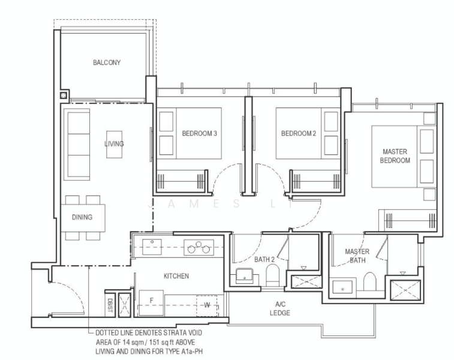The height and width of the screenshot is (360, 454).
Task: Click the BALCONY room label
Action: pos(107,62)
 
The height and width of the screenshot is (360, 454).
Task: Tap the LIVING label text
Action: pos(114,143)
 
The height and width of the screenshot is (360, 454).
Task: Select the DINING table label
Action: pos(82,217)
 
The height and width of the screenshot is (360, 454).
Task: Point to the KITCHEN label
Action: pos(176,276)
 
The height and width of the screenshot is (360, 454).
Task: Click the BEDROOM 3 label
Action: pos(200,134)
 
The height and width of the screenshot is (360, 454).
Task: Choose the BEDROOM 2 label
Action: pos(299,134)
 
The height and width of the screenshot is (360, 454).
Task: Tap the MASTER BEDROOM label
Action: pos(395,156)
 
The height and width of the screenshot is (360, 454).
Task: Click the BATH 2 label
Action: pos(264,260)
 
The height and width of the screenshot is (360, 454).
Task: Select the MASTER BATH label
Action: pos(357,256)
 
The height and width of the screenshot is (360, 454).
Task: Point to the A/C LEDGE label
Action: pos(280,308)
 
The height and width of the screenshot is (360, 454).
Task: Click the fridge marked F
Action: pos(151,303)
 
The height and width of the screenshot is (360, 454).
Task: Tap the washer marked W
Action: pos(207,306)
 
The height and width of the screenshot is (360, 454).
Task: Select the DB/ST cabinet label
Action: pos(110,305)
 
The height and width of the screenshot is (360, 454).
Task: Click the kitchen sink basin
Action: pos(152,247)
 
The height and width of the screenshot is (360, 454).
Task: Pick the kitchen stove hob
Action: pos(199,247)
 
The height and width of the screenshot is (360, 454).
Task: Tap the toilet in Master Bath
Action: pos(369,281)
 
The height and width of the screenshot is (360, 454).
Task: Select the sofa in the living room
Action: pos(77,144)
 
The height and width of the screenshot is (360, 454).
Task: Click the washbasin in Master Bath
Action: pos(343,287)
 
